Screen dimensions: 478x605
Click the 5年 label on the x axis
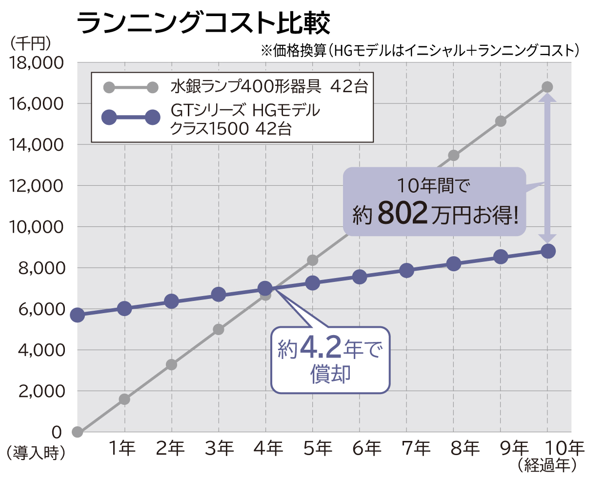pyautogui.click(x=318, y=448)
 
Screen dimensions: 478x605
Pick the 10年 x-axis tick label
pyautogui.click(x=564, y=448)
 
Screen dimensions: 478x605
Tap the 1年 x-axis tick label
pyautogui.click(x=122, y=448)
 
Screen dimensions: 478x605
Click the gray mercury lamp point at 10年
pyautogui.click(x=547, y=87)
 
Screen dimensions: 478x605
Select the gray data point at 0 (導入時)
pyautogui.click(x=77, y=432)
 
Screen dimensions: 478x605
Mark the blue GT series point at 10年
pyautogui.click(x=548, y=251)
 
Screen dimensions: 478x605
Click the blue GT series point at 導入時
pyautogui.click(x=77, y=315)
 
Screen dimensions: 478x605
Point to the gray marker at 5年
pyautogui.click(x=312, y=260)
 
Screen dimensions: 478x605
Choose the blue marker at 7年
pyautogui.click(x=406, y=270)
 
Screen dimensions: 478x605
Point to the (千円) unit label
pyautogui.click(x=30, y=43)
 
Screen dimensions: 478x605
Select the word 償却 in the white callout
pyautogui.click(x=330, y=374)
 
